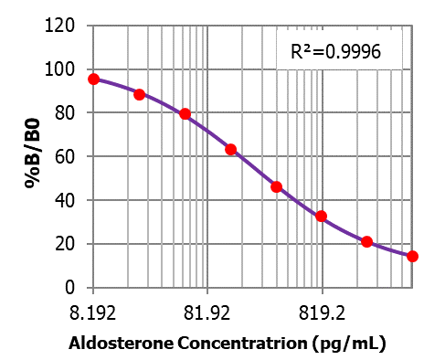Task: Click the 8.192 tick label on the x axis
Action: coord(92,314)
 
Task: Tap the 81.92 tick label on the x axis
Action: coord(207,314)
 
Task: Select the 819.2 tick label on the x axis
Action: coord(322,314)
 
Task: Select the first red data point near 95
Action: coord(93,79)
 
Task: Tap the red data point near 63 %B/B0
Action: coord(230,149)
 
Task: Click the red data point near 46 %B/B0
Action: coord(276,186)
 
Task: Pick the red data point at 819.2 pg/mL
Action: coord(322,217)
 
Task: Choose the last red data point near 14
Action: coord(412,256)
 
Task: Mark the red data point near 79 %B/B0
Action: coord(185,114)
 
